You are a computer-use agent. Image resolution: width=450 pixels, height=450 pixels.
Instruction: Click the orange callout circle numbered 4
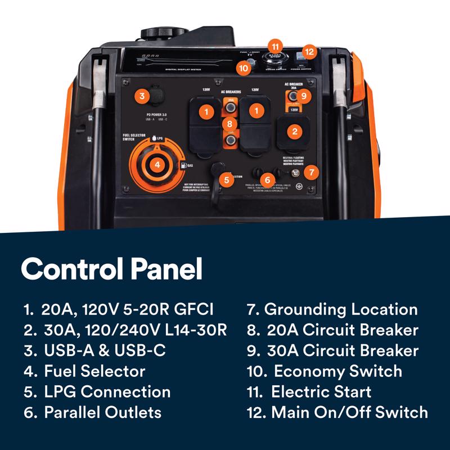(x=158, y=165)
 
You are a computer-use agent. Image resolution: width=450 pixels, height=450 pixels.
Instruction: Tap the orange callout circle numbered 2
(x=294, y=132)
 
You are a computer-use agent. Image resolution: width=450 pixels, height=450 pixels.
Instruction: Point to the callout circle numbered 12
(x=308, y=51)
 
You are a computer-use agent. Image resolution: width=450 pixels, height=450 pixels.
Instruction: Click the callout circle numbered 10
(x=244, y=68)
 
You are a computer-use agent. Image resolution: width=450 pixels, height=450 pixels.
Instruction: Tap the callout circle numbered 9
(x=303, y=96)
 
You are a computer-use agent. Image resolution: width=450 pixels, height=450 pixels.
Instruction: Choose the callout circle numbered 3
(x=142, y=96)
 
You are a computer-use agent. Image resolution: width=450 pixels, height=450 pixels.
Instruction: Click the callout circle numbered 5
(x=226, y=180)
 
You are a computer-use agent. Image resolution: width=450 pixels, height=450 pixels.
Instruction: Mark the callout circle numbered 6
(x=268, y=180)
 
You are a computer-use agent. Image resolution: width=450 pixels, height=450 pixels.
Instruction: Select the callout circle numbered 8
(x=229, y=123)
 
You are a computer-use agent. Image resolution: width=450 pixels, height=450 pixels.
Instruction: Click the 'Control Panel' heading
(x=111, y=269)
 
